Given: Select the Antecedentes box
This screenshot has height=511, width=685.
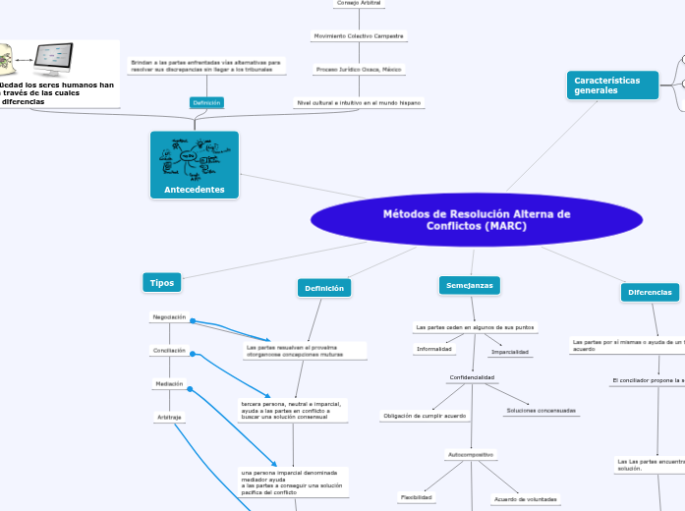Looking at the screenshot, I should [x=195, y=165].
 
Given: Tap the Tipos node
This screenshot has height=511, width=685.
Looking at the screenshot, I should [x=161, y=283].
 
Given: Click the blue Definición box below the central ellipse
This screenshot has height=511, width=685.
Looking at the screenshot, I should [x=324, y=288].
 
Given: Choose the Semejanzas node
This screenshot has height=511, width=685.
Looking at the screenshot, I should [x=469, y=285].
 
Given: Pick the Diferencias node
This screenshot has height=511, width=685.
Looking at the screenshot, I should [x=651, y=292].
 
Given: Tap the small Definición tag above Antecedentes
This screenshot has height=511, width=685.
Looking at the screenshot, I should [x=206, y=102].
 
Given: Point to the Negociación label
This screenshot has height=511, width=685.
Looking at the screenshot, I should [x=168, y=317].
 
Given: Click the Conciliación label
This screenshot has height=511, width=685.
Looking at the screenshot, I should [x=168, y=351].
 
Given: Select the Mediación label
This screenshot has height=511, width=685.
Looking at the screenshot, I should [x=168, y=384].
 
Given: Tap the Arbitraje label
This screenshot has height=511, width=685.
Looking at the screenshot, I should [x=168, y=418].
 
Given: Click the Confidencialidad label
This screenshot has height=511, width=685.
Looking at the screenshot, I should [x=472, y=377].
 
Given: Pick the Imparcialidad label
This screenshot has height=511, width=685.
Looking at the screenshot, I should [x=510, y=351].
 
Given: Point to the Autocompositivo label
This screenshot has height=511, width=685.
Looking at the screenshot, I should [x=472, y=455].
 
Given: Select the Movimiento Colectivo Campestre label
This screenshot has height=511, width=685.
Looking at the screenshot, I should [x=358, y=35].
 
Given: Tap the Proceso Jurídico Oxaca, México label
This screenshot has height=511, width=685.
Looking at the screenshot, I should [x=358, y=70].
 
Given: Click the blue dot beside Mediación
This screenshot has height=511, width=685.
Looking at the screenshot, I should [x=191, y=390].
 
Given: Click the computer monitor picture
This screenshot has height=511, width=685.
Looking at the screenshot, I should [x=69, y=60].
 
